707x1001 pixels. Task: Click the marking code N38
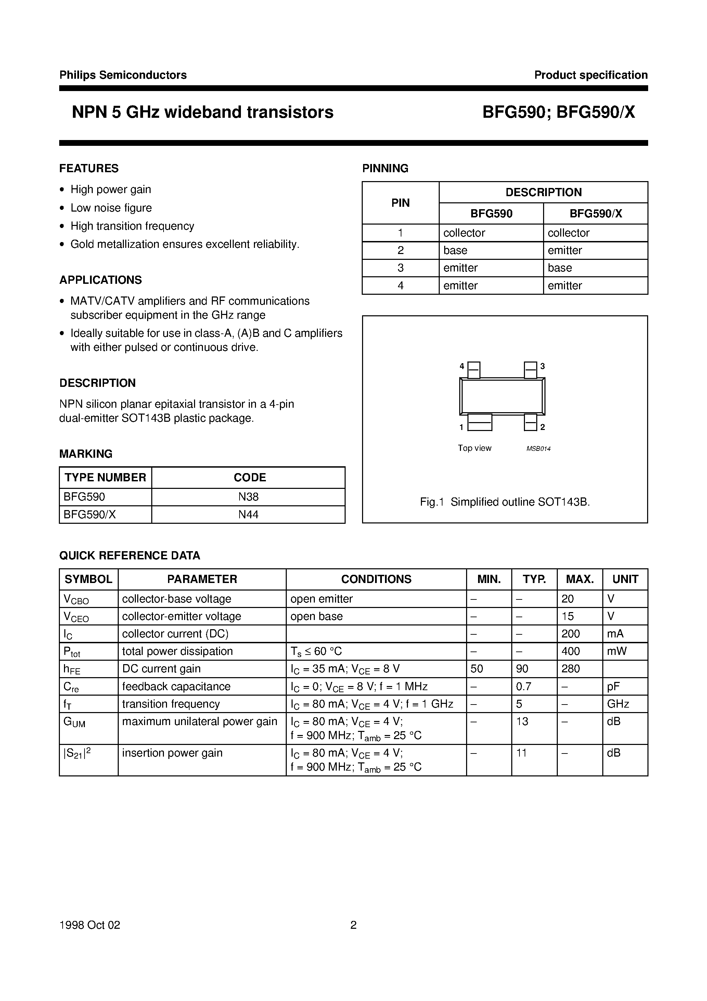[x=248, y=497]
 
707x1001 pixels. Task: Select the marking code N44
[x=248, y=515]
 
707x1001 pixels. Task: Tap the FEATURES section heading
[x=89, y=168]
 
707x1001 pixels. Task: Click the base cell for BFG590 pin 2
[x=455, y=250]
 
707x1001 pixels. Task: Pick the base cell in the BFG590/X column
[x=560, y=268]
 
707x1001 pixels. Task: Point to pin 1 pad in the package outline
[x=479, y=422]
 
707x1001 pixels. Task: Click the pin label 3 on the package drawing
[x=543, y=366]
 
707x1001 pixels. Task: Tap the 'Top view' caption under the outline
[x=474, y=448]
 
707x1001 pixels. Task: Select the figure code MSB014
[x=538, y=448]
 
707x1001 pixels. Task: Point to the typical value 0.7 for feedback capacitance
[x=524, y=686]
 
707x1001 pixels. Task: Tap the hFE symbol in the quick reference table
[x=72, y=669]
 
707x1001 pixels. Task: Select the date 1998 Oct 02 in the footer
[x=90, y=925]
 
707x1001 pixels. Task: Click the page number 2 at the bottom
[x=353, y=925]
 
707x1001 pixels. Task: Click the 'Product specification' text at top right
[x=591, y=75]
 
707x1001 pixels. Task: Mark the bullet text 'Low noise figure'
[x=111, y=208]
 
